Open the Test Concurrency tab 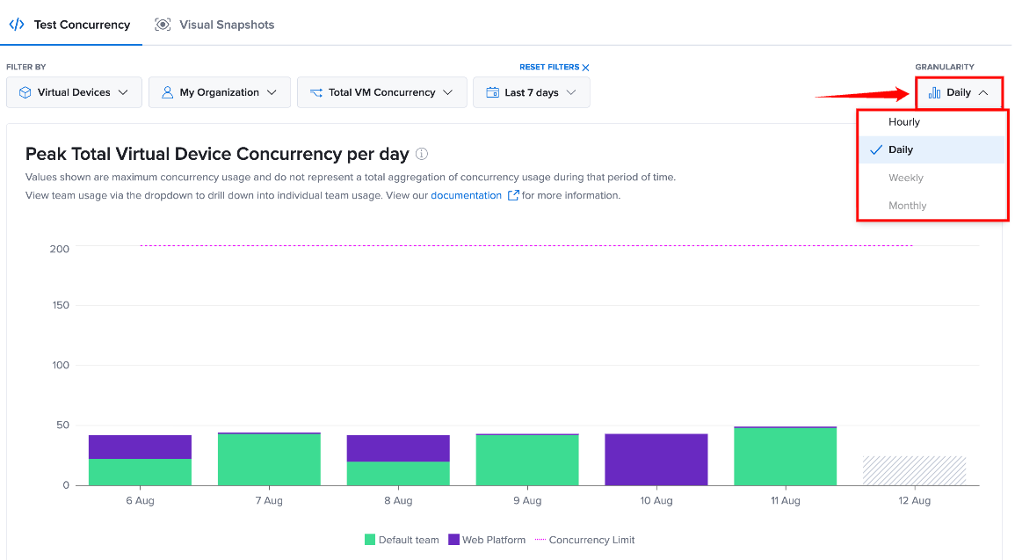[x=70, y=25]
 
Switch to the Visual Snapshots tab [x=214, y=25]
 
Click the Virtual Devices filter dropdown [x=74, y=92]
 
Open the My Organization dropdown [x=220, y=92]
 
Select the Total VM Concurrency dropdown [x=382, y=92]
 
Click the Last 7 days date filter [x=532, y=92]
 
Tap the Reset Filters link [x=555, y=68]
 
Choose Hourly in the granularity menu [x=903, y=121]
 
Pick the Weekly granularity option [x=906, y=178]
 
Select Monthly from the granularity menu [x=907, y=205]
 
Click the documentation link [x=466, y=195]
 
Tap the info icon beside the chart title [x=422, y=154]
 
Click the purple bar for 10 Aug [x=656, y=460]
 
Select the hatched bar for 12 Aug [x=914, y=470]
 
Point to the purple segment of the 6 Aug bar [x=140, y=447]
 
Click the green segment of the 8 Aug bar [x=398, y=473]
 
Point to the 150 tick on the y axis [x=61, y=305]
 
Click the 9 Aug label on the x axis [x=527, y=500]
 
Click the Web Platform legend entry [x=487, y=540]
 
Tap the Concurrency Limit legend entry [x=584, y=540]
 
